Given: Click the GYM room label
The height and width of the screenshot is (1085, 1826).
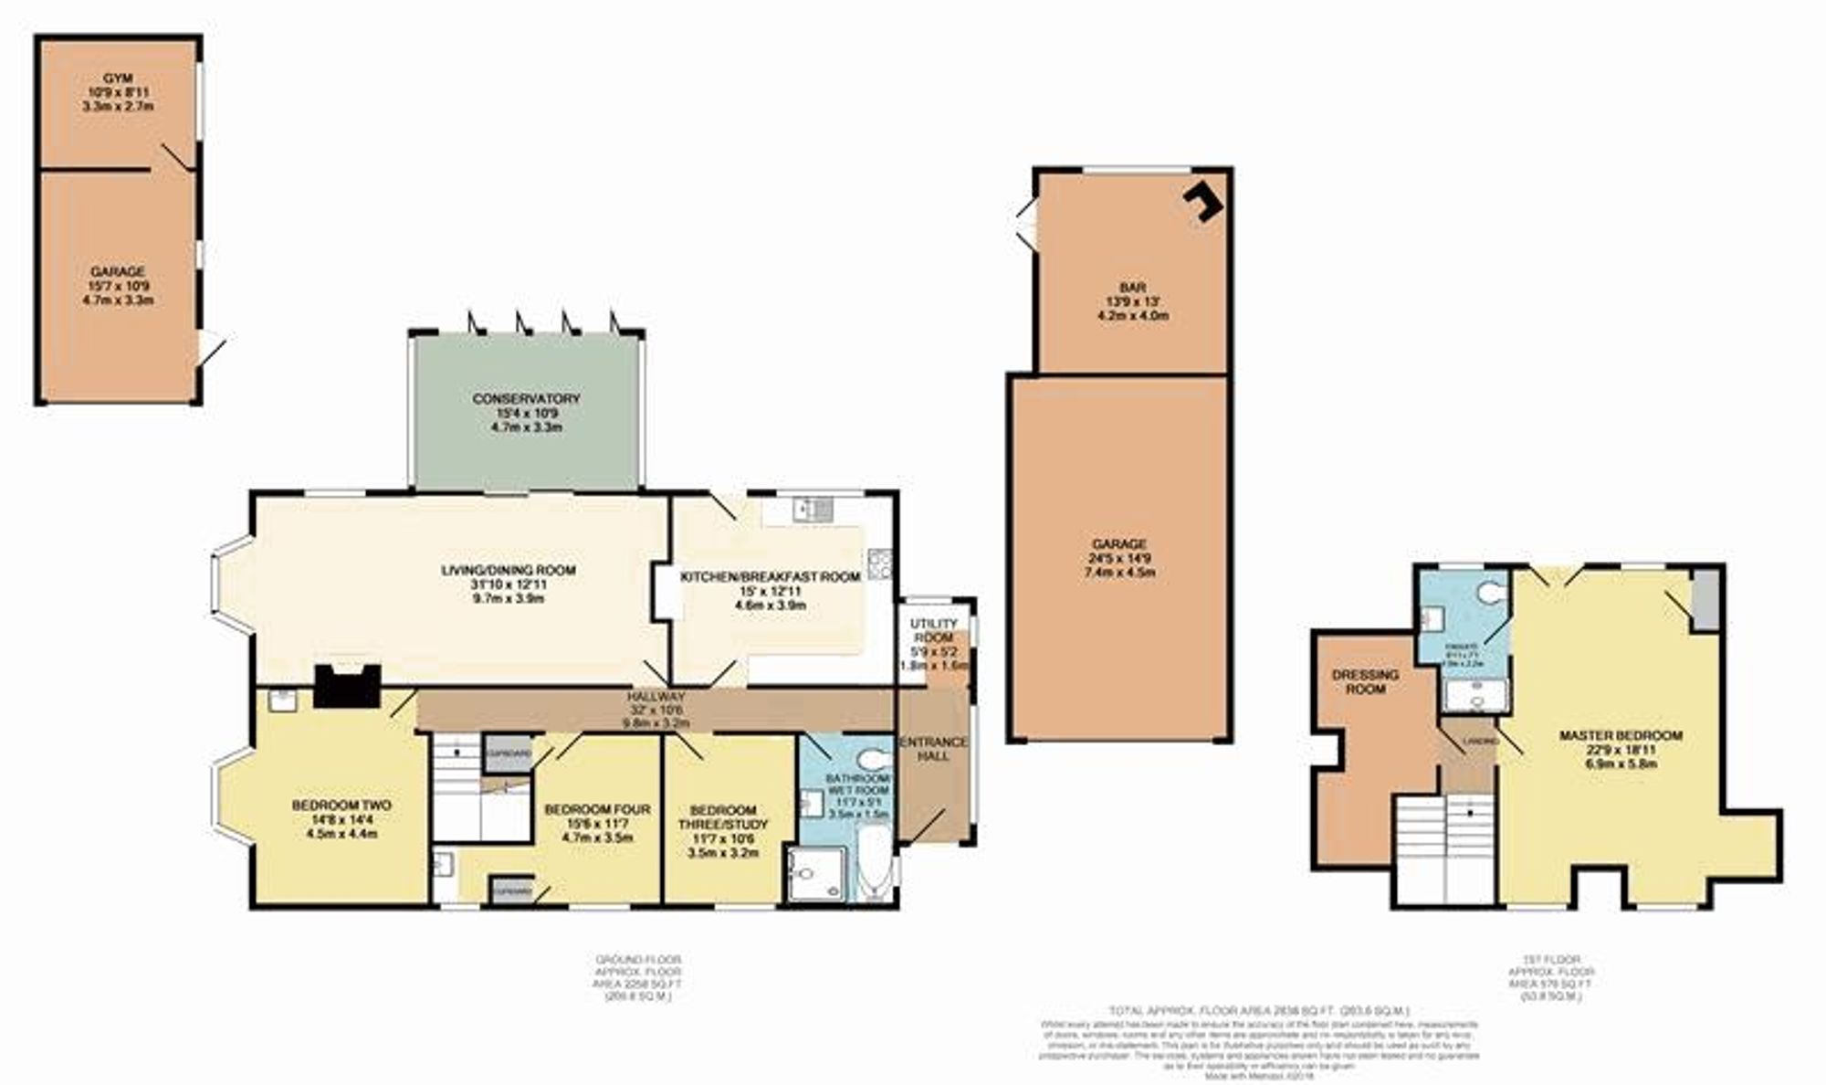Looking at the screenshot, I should click(x=118, y=79).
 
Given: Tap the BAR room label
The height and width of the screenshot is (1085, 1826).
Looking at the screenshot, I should click(x=1133, y=288).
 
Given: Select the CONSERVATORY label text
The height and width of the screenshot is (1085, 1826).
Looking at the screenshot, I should click(x=527, y=399).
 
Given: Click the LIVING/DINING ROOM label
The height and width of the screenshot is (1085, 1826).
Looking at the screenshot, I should click(x=509, y=571).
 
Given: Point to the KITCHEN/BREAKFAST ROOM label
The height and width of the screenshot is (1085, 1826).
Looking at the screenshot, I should click(x=771, y=577).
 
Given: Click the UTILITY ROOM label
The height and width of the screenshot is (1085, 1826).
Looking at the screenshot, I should click(x=934, y=630).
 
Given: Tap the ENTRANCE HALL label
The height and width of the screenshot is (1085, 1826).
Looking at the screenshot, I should click(x=934, y=749).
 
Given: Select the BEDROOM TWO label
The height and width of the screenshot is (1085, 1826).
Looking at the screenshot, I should click(x=341, y=806).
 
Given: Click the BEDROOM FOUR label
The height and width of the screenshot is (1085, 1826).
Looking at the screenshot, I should click(x=597, y=809).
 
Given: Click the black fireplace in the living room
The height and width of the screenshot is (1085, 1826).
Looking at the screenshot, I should click(x=347, y=685).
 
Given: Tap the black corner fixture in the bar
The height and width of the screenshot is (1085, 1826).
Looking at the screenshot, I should click(x=1204, y=200).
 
